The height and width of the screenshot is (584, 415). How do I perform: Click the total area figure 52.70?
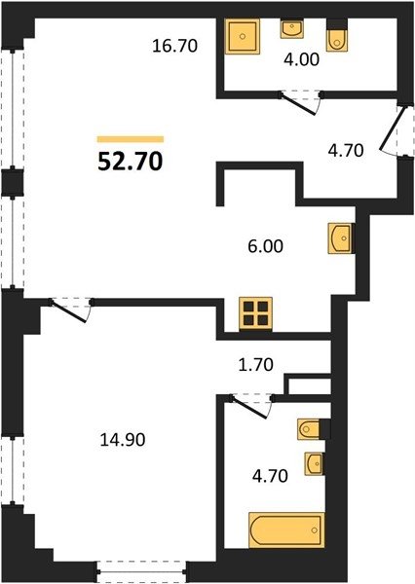[x=131, y=162]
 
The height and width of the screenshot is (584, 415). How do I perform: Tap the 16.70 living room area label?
[x=175, y=46]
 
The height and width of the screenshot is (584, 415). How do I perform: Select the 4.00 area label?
[x=302, y=59]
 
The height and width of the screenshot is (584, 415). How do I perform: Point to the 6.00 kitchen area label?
[x=266, y=246]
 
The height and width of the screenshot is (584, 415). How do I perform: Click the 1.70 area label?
[x=256, y=365]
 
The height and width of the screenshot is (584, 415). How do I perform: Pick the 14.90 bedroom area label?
[x=123, y=440]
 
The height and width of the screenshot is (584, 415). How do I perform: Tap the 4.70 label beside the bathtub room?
[x=270, y=476]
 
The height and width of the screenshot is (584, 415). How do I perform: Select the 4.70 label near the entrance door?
[x=346, y=151]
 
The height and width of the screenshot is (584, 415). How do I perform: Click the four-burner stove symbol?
[x=256, y=313]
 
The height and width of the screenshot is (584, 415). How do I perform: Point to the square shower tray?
[x=243, y=37]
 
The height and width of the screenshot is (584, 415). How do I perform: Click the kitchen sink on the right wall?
[x=340, y=238]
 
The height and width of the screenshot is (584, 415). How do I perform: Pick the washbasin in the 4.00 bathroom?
[x=292, y=29]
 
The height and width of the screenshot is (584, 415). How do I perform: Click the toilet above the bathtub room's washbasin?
[x=309, y=428]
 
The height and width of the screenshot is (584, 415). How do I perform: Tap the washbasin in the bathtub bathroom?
[x=315, y=463]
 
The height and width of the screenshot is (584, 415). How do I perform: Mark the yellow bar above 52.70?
[x=131, y=139]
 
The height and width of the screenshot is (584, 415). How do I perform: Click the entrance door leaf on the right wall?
[x=392, y=128]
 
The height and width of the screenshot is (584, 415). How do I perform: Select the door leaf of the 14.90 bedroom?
[x=68, y=311]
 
